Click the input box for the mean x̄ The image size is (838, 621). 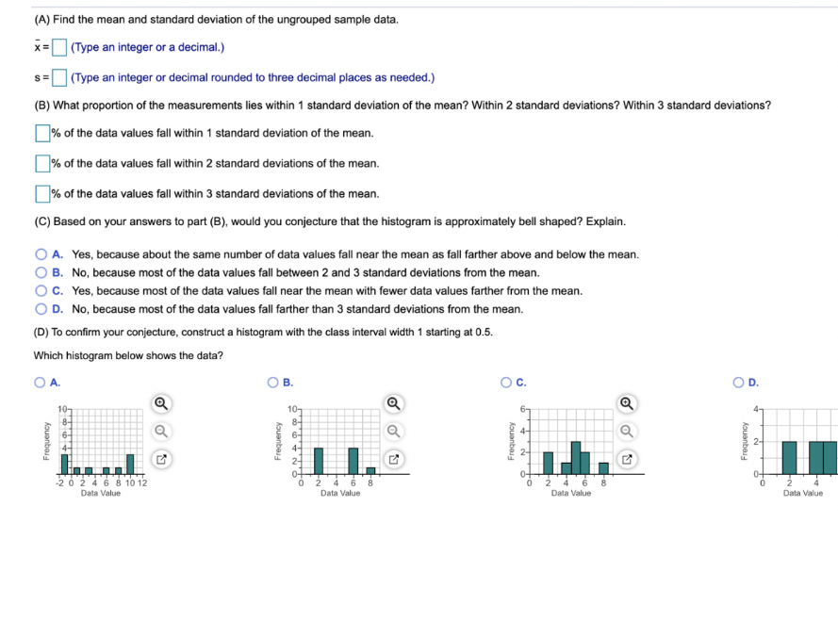[59, 47]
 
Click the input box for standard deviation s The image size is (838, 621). [59, 77]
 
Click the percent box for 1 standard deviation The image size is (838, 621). [42, 133]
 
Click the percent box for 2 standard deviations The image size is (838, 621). [42, 163]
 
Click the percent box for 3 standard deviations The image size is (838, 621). [42, 193]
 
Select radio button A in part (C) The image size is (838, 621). [41, 254]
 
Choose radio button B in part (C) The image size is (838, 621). [41, 272]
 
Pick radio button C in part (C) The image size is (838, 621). [41, 290]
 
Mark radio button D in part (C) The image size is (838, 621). [41, 308]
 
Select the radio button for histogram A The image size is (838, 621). [40, 383]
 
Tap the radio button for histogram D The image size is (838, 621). [739, 383]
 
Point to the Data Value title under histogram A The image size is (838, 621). [101, 493]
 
